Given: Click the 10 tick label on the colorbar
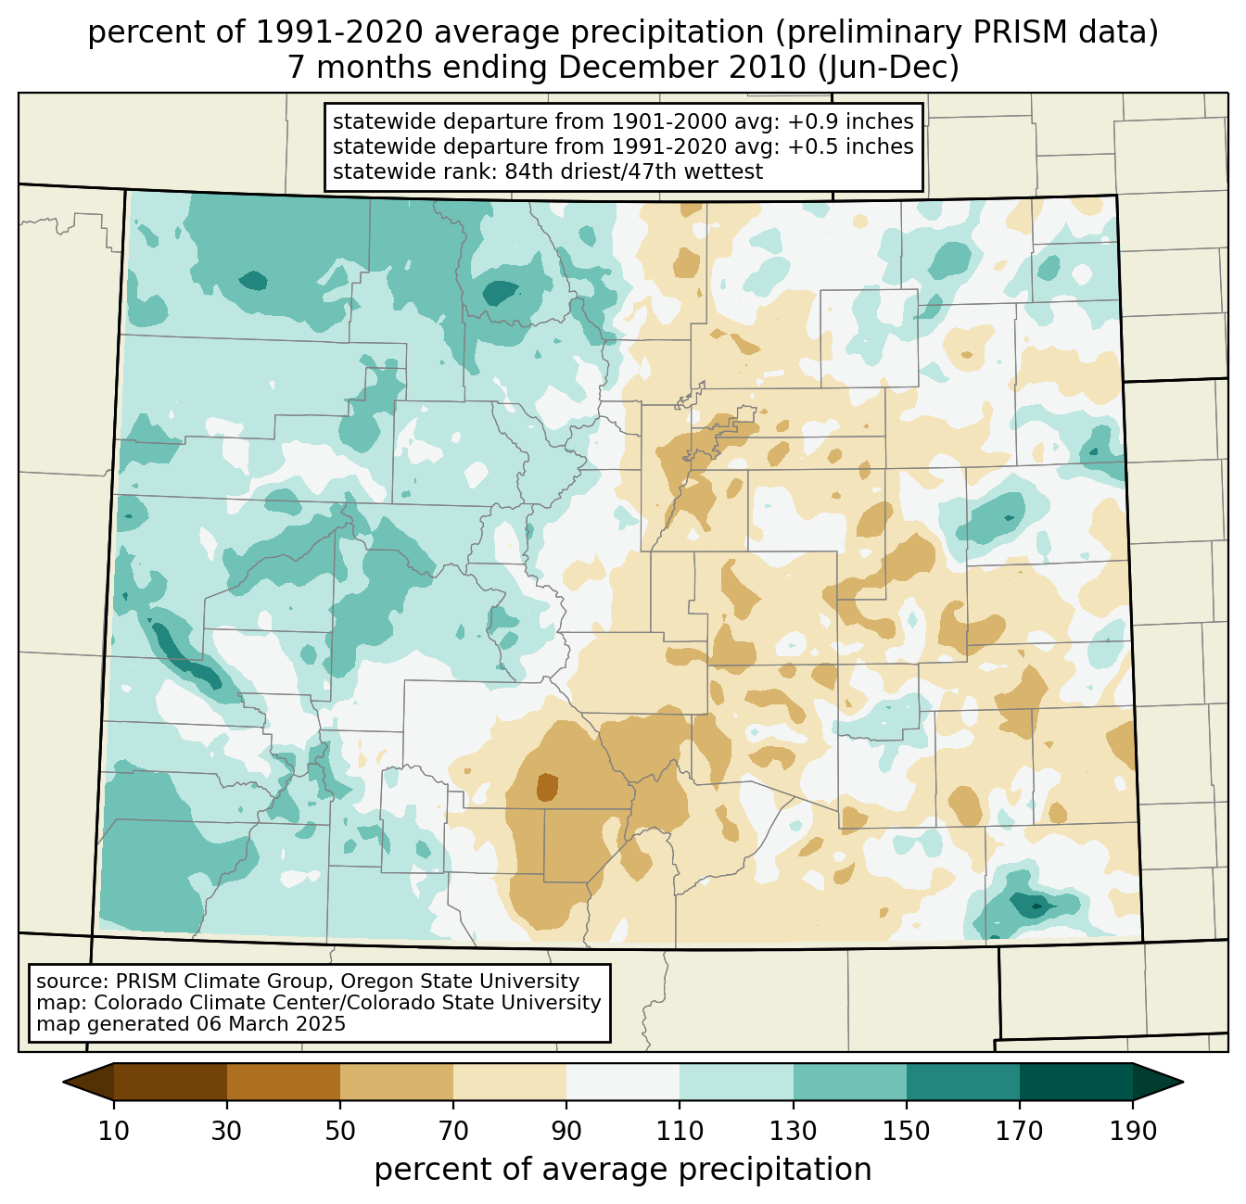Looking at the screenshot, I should pos(113,1131).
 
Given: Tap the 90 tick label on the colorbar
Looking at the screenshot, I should pos(566,1131).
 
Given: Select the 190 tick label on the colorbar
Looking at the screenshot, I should pos(1133,1131).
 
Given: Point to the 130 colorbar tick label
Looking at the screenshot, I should pos(793,1131).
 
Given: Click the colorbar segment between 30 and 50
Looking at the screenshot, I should pos(284,1082).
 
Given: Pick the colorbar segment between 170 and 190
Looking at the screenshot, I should pos(1076,1082).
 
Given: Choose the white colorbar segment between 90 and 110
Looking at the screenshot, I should pos(623,1082).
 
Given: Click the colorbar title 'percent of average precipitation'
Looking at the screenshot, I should pos(623,1170).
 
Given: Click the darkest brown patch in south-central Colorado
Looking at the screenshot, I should pos(547,787).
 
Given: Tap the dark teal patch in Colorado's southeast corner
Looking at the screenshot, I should pos(1029,906).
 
